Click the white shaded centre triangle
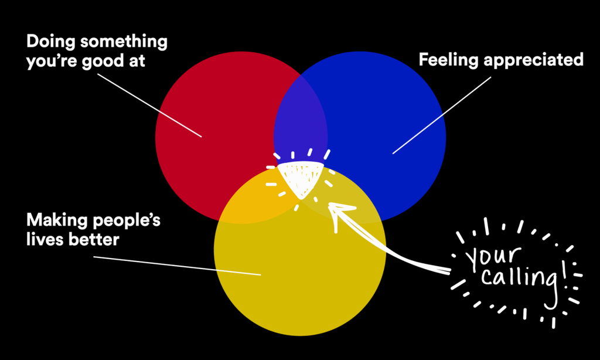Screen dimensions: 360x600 coord(299,176)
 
